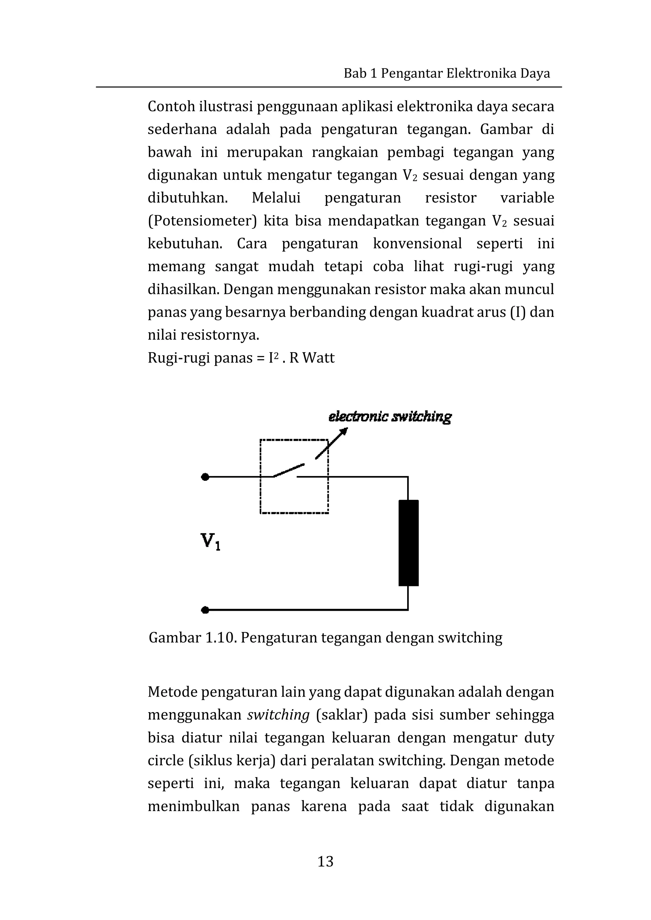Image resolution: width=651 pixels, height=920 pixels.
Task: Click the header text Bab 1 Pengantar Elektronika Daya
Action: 447,73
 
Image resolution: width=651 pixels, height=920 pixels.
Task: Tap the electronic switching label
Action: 390,417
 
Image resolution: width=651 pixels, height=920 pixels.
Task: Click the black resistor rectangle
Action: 408,543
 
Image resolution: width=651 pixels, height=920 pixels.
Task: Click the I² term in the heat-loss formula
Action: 273,357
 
